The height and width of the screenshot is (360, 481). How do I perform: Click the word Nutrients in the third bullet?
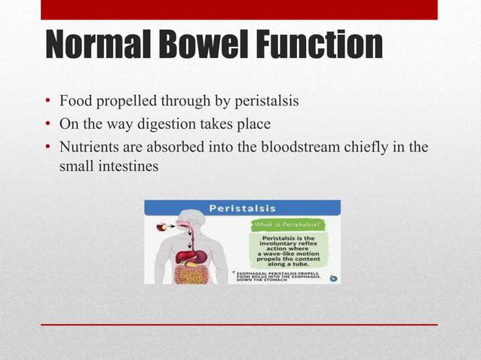click(88, 148)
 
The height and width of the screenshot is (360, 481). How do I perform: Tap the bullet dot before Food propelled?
click(47, 102)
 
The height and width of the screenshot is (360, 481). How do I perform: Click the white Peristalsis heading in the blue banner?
click(242, 207)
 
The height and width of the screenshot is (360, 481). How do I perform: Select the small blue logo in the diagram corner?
click(333, 277)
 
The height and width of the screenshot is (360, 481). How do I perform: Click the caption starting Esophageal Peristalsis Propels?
click(279, 276)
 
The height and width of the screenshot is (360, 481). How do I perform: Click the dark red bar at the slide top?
click(239, 10)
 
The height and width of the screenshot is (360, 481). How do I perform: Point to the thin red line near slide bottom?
click(239, 324)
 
